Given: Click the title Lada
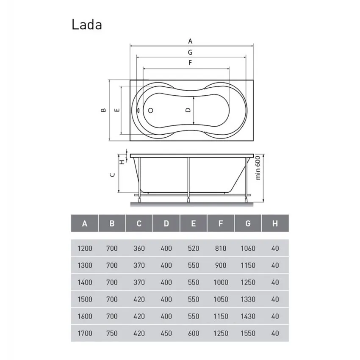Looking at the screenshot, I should point(86,25).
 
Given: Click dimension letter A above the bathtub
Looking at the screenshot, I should point(191,41).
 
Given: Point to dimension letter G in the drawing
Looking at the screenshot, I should point(191,52).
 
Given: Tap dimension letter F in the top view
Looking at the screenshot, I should point(191,63).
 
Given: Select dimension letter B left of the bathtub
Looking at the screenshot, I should point(103,110).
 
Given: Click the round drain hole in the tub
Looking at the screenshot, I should point(150,111).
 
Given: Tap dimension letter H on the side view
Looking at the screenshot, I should point(122,161).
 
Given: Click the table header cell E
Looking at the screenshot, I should point(194,223).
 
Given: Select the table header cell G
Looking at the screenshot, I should point(248,223).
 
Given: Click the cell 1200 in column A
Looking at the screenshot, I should point(85,248).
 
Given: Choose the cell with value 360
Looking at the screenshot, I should point(139,248).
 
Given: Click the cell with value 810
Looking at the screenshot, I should point(221,248).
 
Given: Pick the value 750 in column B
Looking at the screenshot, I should point(112,333).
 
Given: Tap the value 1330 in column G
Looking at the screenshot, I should point(248,299).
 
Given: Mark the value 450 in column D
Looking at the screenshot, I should point(166,333).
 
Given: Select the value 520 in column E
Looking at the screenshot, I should point(194,248).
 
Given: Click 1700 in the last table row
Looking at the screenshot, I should point(85,333).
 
